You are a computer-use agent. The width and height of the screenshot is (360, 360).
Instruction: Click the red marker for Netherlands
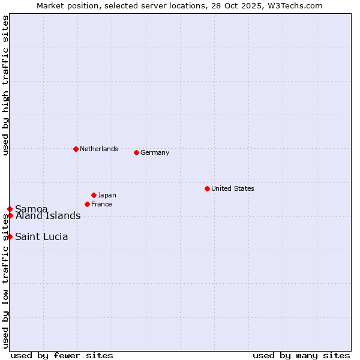(x=76, y=149)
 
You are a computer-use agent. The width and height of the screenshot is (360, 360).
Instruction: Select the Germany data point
(x=136, y=152)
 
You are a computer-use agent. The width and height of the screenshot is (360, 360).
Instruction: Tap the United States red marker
(x=207, y=188)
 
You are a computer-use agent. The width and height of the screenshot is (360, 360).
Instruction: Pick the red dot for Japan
(x=94, y=195)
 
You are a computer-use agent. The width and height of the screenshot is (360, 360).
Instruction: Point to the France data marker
(x=87, y=204)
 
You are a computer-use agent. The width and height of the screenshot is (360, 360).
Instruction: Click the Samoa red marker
(x=10, y=209)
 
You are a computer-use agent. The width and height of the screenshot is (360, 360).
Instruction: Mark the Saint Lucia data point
(x=10, y=236)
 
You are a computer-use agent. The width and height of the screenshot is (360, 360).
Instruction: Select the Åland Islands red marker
(x=10, y=215)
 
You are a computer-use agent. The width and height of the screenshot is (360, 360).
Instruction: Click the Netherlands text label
(x=99, y=149)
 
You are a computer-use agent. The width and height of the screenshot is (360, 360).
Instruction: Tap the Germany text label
(x=155, y=152)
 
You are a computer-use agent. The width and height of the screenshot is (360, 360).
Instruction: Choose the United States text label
(x=233, y=188)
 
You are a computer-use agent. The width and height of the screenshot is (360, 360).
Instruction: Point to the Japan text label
(x=107, y=195)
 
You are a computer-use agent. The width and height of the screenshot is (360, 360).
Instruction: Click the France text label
(x=101, y=204)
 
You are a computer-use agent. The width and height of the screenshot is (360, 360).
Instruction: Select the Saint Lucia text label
(x=41, y=236)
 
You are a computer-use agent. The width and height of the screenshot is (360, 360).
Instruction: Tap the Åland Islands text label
(x=48, y=216)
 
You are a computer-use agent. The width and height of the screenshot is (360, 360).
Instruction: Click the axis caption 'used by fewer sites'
(x=62, y=355)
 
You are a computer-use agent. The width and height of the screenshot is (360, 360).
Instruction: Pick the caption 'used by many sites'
(x=301, y=355)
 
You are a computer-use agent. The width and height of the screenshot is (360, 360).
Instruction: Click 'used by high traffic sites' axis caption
(x=5, y=85)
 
